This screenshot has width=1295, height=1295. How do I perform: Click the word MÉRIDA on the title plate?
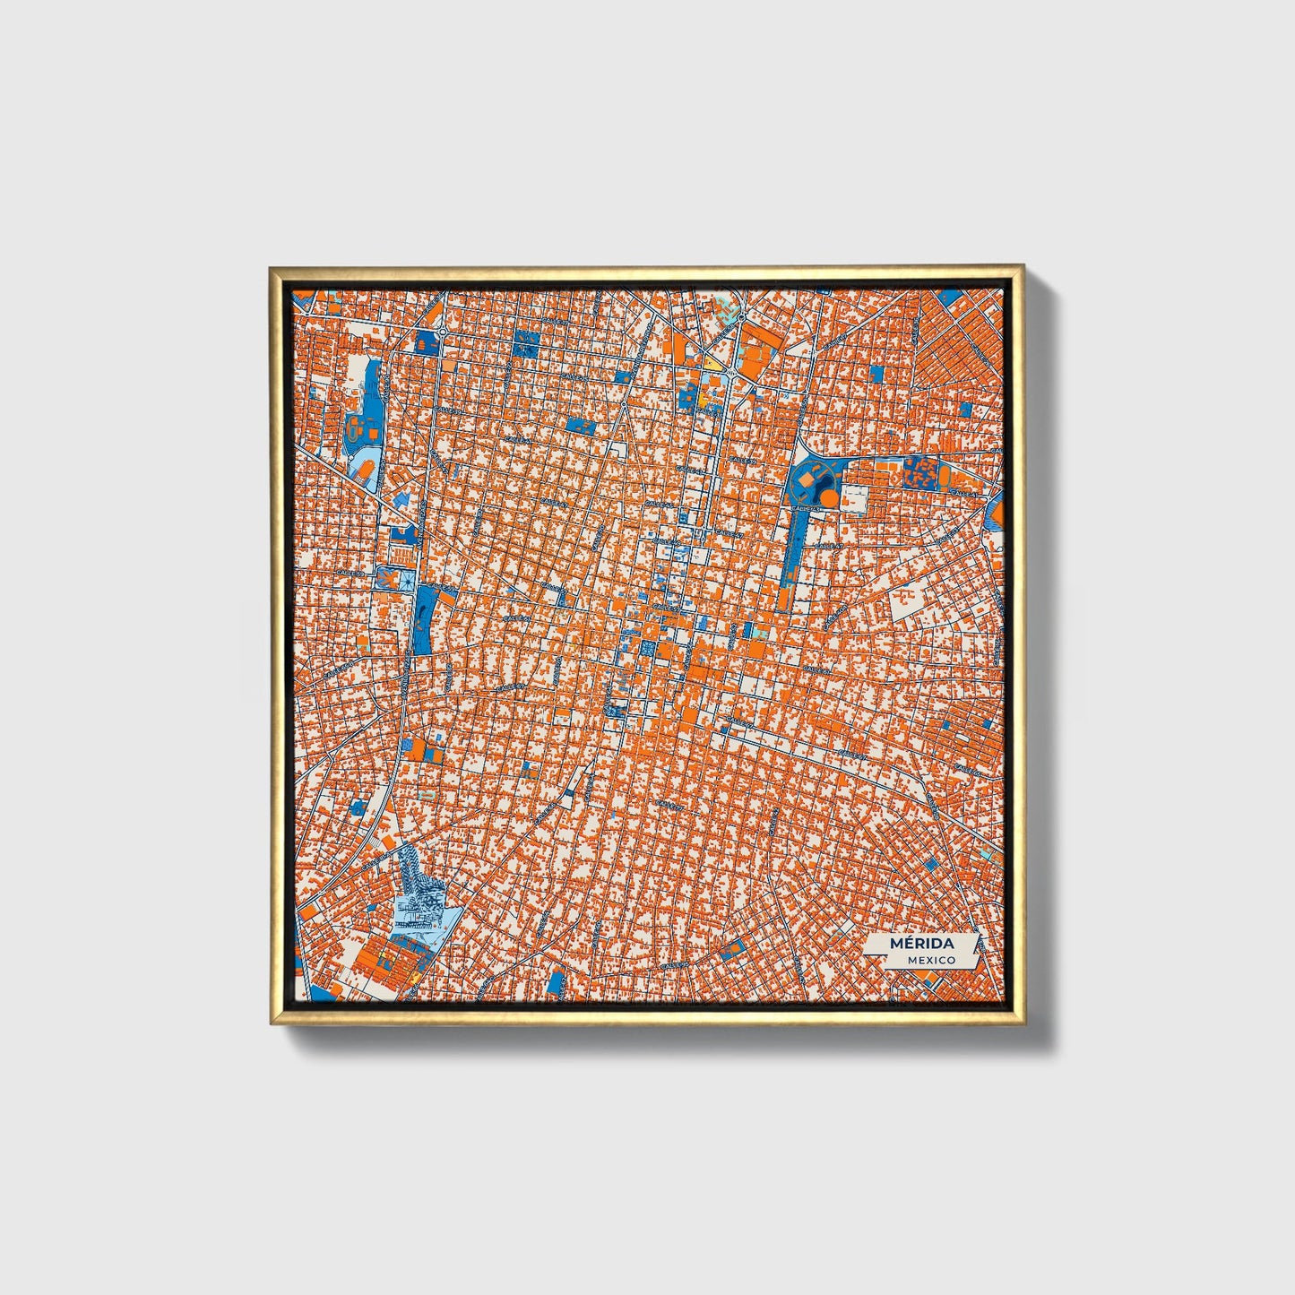(x=921, y=944)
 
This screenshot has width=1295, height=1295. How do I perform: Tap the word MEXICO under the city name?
(x=930, y=960)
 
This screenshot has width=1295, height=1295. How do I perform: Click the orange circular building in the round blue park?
(x=829, y=496)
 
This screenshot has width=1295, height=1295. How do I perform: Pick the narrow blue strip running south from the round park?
(x=790, y=556)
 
